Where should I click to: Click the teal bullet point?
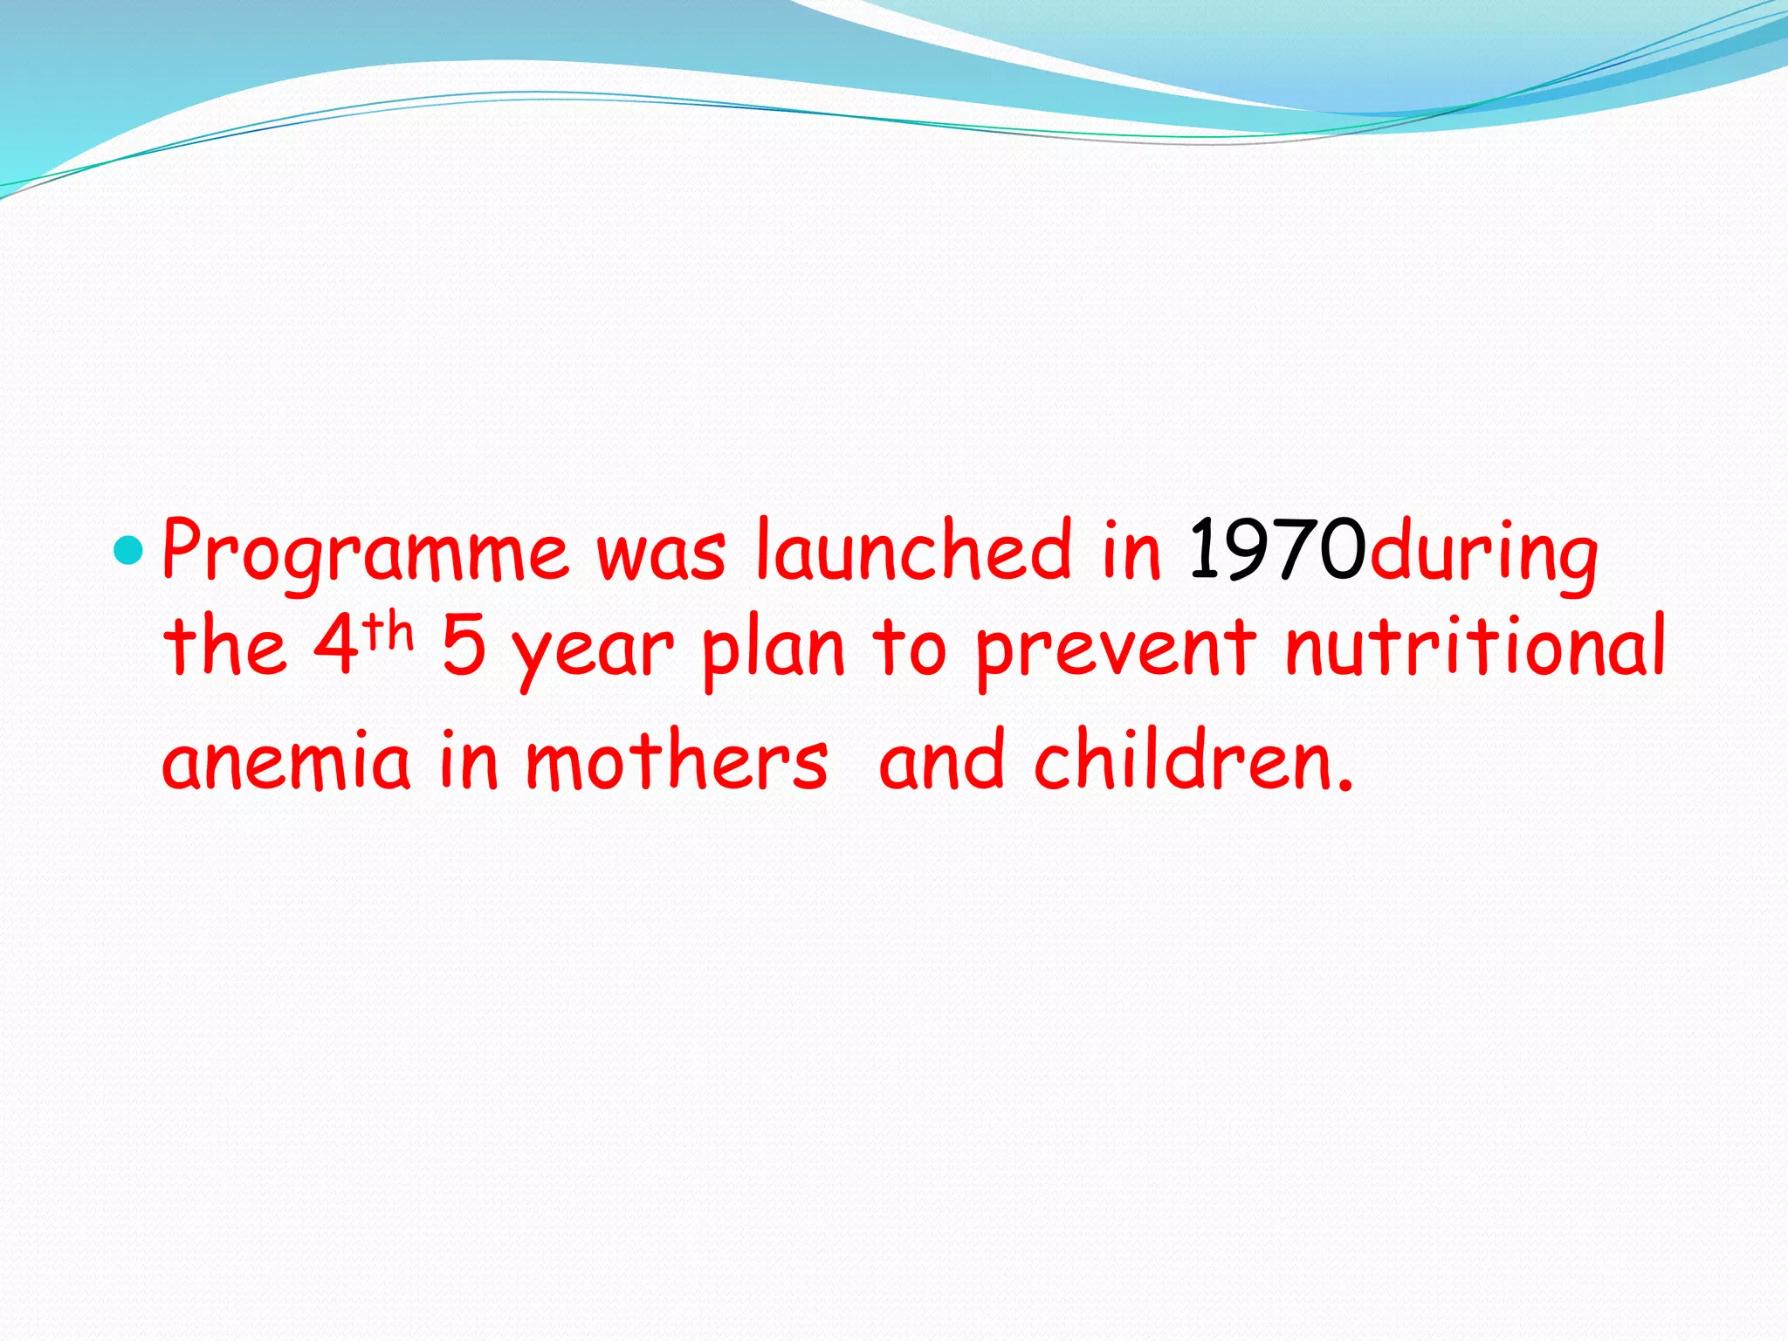click(127, 551)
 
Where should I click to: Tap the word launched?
click(913, 549)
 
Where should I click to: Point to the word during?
click(1483, 553)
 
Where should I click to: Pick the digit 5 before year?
click(464, 647)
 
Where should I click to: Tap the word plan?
click(774, 649)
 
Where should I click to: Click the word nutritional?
click(1475, 645)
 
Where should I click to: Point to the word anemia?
click(286, 760)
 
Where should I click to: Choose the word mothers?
click(677, 759)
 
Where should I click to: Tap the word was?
click(661, 554)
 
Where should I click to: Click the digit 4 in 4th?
click(336, 647)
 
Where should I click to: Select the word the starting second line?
click(225, 647)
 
